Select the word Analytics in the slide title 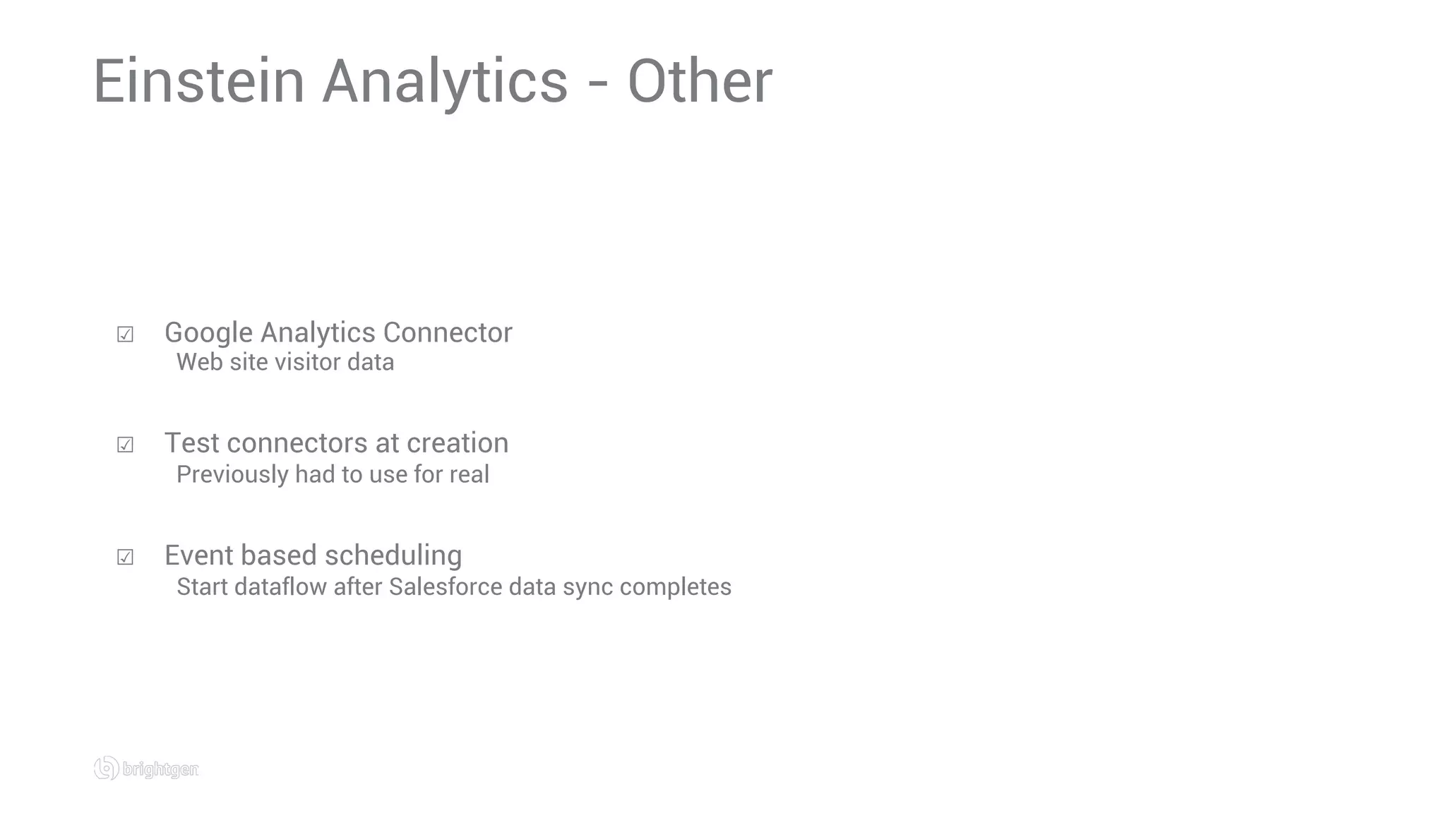(x=445, y=83)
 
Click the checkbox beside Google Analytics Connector (x=125, y=334)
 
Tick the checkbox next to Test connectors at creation (x=125, y=445)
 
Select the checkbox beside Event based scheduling (x=125, y=557)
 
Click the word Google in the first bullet (x=208, y=333)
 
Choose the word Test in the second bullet (x=191, y=443)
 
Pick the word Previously (x=232, y=474)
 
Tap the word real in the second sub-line (x=469, y=474)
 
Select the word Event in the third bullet (x=200, y=555)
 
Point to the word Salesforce (x=445, y=586)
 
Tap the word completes (x=675, y=587)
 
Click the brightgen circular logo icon (x=106, y=768)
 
